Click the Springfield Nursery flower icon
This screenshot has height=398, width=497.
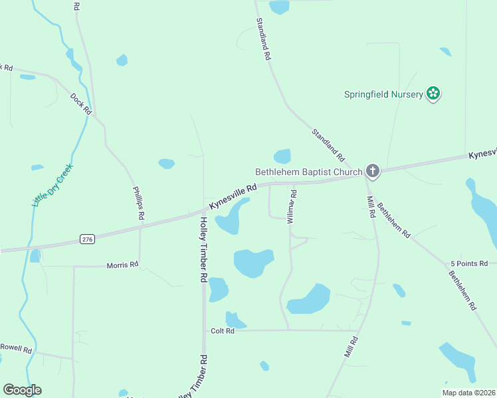[x=433, y=94]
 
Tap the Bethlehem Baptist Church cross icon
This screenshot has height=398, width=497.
[x=373, y=172]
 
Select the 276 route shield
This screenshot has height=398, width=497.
[x=86, y=238]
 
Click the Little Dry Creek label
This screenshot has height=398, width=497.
[x=52, y=185]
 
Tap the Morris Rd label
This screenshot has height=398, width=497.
[x=122, y=265]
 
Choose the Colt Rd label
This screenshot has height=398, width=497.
[x=223, y=331]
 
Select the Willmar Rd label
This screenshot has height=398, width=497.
[x=292, y=206]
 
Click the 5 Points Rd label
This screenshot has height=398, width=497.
[x=469, y=263]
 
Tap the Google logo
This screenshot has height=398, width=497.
[x=22, y=390]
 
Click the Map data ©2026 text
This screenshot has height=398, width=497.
[x=468, y=393]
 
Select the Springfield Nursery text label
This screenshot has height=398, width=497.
[x=383, y=94]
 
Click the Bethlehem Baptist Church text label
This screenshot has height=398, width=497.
[x=309, y=172]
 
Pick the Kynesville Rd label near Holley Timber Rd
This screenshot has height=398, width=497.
[x=233, y=197]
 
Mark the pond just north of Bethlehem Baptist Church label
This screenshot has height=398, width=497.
[x=282, y=156]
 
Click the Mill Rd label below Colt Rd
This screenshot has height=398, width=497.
[x=351, y=348]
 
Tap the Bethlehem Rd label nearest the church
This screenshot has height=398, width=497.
[x=394, y=219]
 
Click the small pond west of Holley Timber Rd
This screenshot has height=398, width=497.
[x=166, y=163]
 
